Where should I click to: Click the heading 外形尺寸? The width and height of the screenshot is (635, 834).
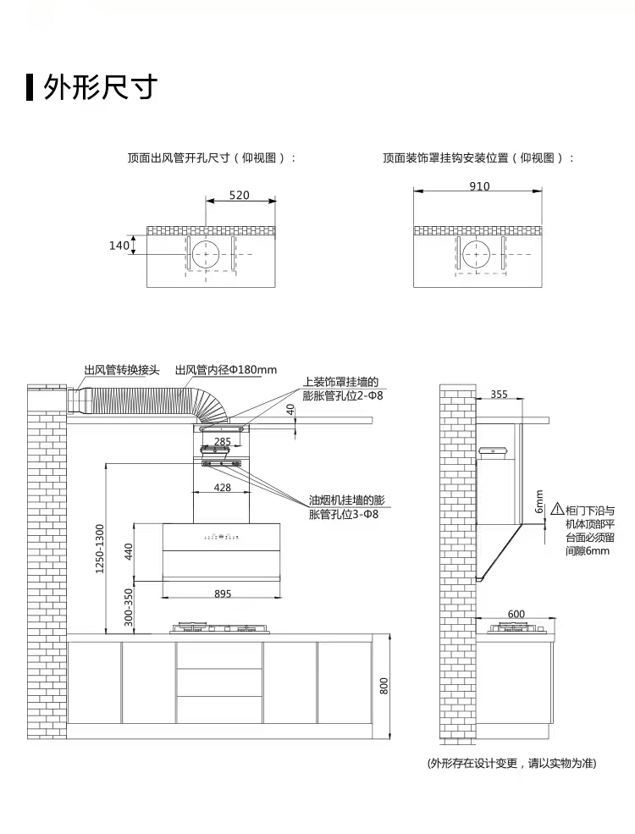[102, 86]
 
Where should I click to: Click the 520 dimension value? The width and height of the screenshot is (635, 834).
[239, 196]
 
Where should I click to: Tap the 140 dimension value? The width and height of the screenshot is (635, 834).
[119, 246]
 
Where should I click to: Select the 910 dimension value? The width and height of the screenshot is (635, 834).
[478, 186]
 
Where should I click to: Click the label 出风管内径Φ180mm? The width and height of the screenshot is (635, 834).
[226, 370]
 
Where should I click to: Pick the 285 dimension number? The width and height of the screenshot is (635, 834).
[222, 441]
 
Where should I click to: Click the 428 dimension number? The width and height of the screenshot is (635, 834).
[222, 487]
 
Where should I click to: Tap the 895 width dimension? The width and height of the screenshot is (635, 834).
[222, 594]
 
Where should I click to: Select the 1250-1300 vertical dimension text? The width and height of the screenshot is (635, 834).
[99, 549]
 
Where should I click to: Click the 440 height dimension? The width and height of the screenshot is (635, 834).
[129, 552]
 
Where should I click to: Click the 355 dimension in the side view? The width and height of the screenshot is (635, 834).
[499, 394]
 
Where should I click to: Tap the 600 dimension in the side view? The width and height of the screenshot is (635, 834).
[516, 614]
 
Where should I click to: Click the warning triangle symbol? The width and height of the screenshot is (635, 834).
[557, 510]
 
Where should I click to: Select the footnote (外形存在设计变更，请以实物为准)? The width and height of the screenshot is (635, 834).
[511, 763]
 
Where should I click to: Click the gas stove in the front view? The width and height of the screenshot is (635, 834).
[222, 628]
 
